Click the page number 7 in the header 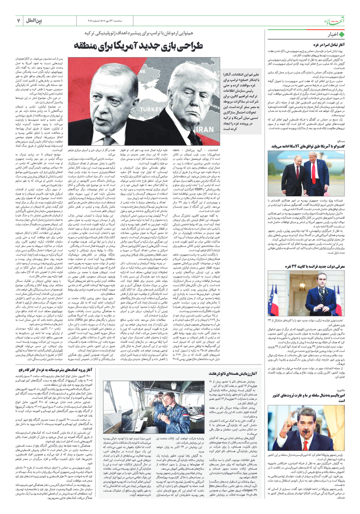[19, 21]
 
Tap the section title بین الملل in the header [34, 21]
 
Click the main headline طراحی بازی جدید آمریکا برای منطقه [138, 46]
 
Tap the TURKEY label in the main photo [151, 109]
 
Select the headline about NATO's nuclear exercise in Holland [233, 374]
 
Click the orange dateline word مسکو [341, 141]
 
